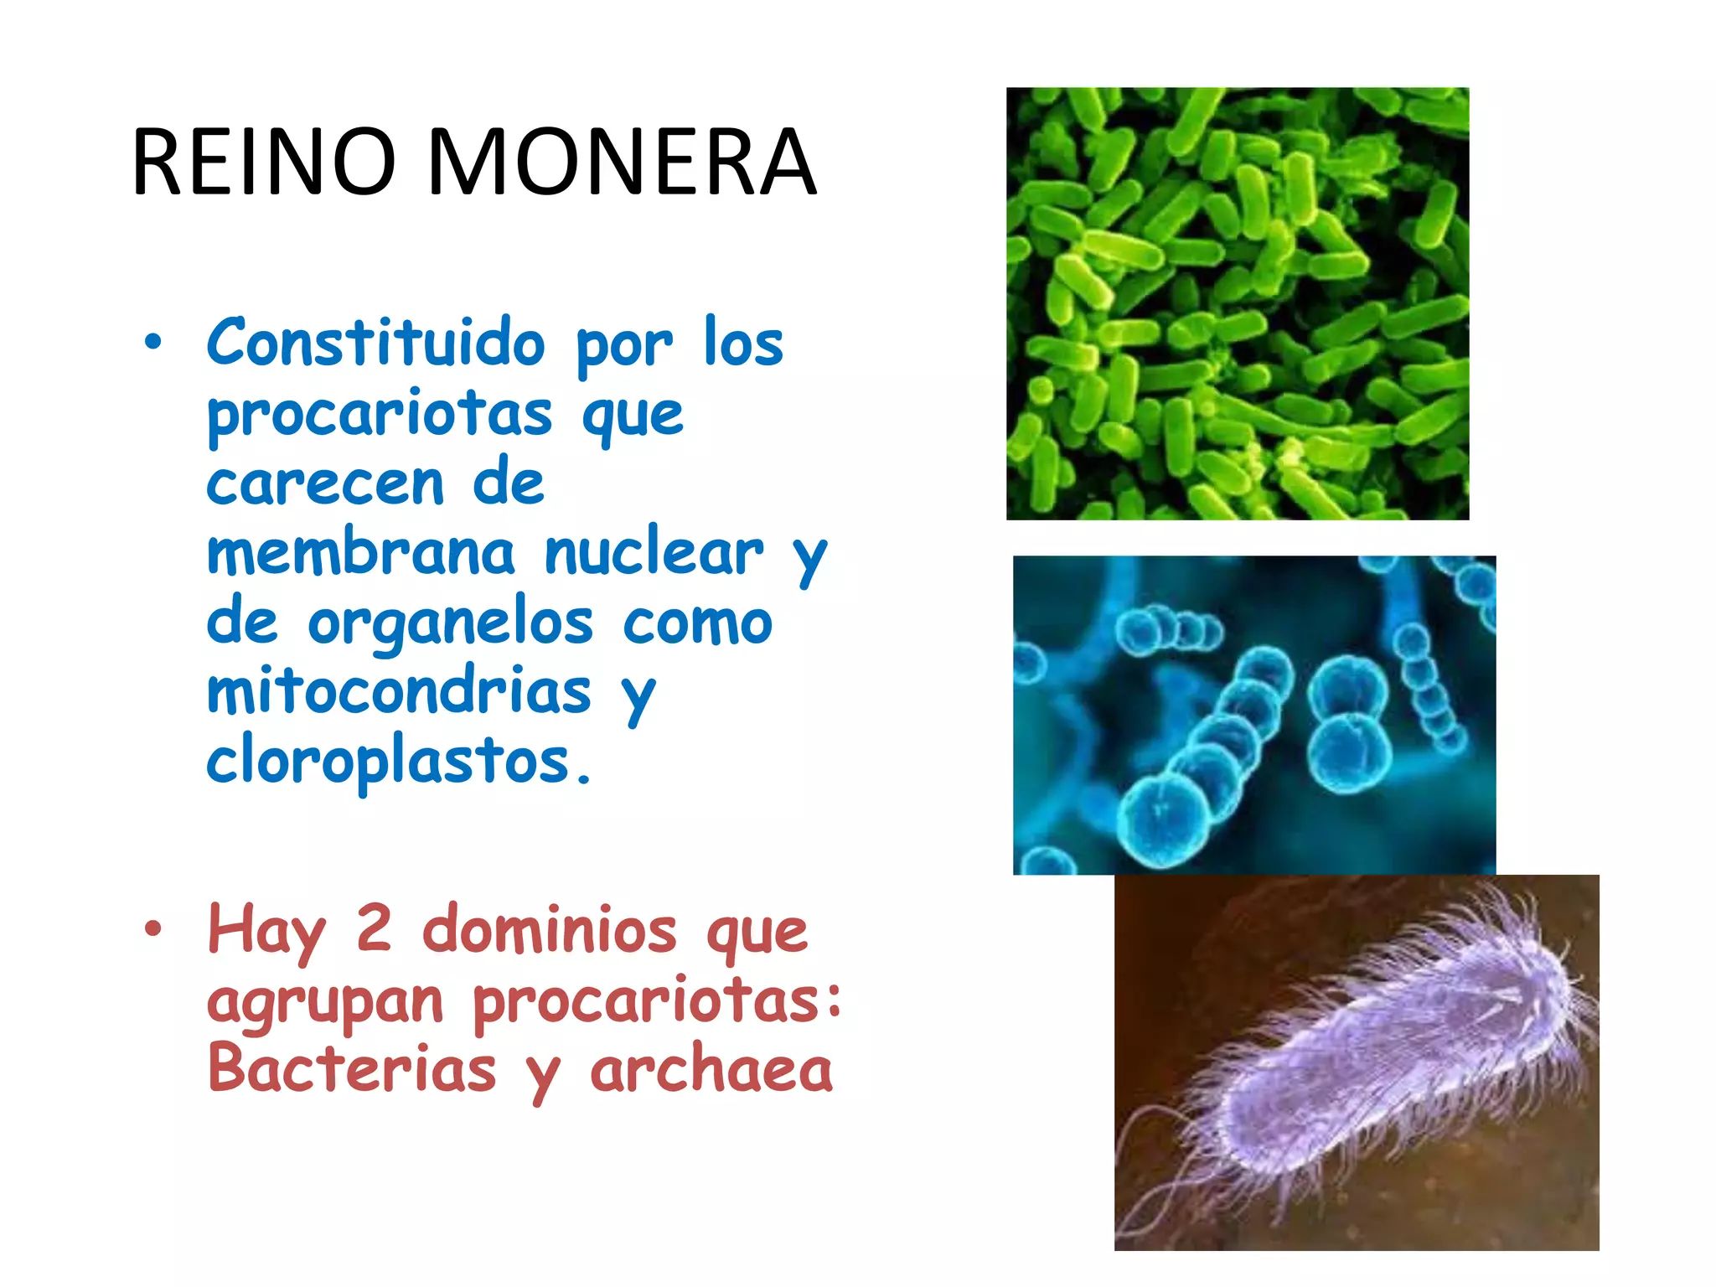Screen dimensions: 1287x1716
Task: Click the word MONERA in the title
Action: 622,163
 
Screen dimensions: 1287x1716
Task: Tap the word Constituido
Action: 376,344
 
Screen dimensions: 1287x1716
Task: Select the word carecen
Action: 325,484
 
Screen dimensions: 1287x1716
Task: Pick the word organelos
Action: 451,625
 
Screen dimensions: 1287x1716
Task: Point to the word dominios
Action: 549,930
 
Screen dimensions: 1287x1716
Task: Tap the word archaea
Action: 711,1071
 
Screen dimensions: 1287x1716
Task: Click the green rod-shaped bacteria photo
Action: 1237,303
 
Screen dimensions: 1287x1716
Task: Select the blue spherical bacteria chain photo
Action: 1253,715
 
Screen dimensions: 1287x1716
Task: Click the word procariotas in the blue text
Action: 380,414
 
